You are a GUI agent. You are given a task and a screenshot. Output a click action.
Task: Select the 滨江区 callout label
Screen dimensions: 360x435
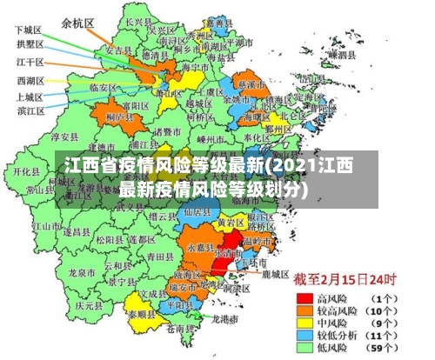32,110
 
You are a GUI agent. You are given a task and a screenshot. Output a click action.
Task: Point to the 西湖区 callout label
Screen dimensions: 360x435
32,80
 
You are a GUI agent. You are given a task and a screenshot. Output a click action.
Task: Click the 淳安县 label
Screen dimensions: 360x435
66,137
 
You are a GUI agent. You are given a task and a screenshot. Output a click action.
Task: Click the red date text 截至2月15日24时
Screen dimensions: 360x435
344,280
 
